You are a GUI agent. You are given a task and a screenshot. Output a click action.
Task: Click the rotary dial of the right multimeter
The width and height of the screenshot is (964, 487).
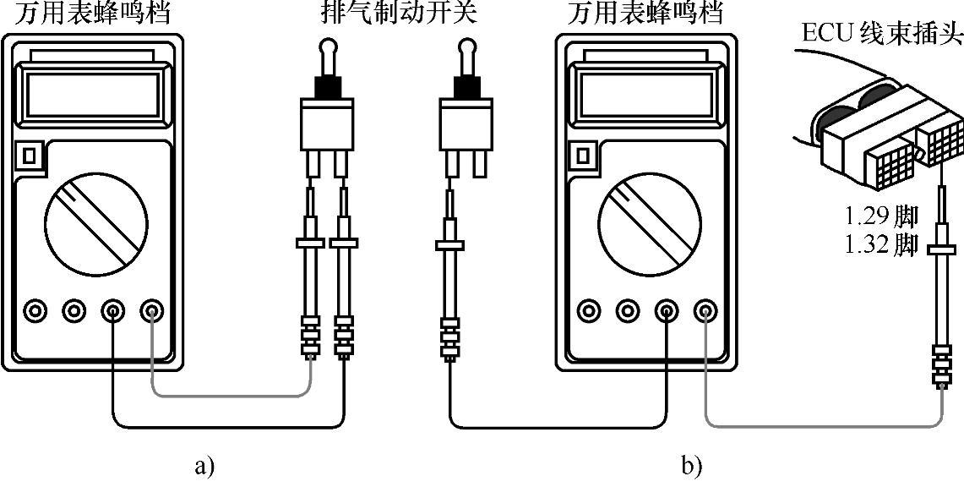click(648, 224)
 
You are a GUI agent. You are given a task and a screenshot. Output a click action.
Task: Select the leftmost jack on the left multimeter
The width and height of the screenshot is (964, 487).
click(35, 312)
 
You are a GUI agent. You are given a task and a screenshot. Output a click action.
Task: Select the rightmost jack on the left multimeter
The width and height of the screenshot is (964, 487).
click(153, 312)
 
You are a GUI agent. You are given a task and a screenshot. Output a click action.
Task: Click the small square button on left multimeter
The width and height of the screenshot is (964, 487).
click(29, 156)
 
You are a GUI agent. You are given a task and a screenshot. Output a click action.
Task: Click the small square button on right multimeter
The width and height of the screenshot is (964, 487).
click(582, 156)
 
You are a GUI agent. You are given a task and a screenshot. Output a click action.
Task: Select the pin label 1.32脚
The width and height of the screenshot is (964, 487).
click(880, 245)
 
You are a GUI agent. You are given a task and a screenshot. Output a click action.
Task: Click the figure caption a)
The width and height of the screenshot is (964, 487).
click(204, 464)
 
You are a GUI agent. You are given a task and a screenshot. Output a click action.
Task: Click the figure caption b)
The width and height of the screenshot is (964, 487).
click(691, 464)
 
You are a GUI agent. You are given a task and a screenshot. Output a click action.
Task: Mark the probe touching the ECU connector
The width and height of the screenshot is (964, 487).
click(940, 254)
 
